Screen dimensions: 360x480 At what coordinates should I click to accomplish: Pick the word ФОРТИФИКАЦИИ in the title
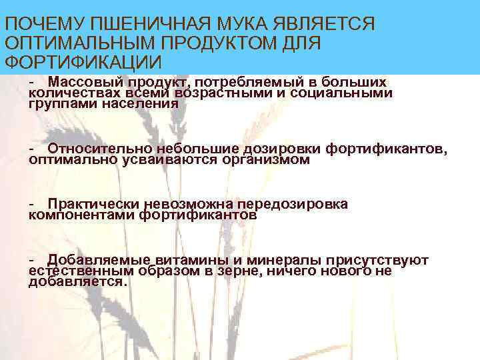pyautogui.click(x=83, y=63)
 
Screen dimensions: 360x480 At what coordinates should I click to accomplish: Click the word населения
pyautogui.click(x=146, y=103)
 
